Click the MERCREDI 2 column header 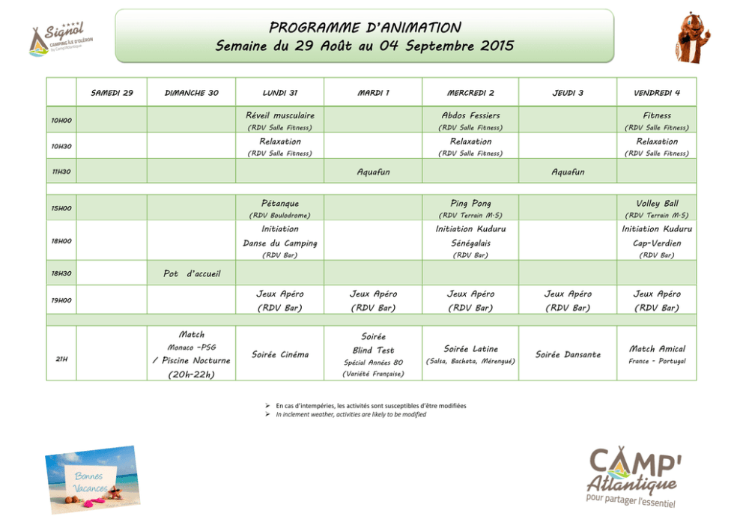click(470, 93)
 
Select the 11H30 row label click(61, 172)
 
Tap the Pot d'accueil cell click(192, 273)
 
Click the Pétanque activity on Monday click(279, 208)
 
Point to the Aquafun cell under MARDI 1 click(374, 172)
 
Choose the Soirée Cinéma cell click(280, 354)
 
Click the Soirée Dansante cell click(568, 354)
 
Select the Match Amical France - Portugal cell click(657, 354)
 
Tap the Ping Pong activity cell click(470, 208)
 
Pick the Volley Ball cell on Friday click(657, 208)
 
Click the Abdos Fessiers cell click(470, 121)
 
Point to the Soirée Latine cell click(470, 354)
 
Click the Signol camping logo click(61, 38)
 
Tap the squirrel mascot click(692, 37)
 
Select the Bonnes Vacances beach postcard click(93, 479)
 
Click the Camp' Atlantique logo click(634, 476)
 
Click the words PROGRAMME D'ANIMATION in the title click(365, 28)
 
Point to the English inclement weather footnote click(351, 415)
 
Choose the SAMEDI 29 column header click(112, 93)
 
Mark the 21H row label click(61, 359)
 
